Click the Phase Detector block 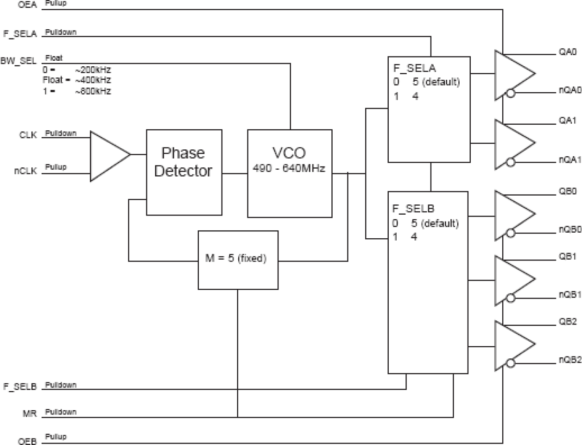[184, 172]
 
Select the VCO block [289, 173]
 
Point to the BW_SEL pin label [19, 61]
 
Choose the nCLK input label [25, 171]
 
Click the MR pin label [30, 413]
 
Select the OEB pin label [27, 441]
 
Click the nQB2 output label [569, 359]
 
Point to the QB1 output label [567, 257]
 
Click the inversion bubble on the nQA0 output [511, 93]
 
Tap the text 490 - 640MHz [289, 168]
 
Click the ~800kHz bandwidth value [93, 91]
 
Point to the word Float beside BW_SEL [54, 58]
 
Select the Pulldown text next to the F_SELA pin [61, 32]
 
